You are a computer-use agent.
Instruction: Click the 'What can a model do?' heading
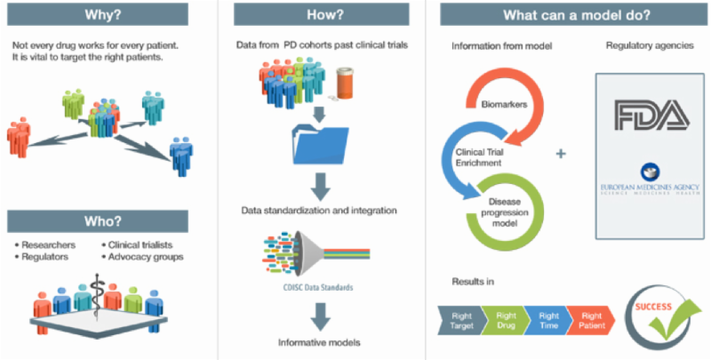tap(570, 15)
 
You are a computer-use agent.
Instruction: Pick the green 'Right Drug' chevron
tap(506, 318)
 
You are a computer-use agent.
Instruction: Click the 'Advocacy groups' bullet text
tap(145, 257)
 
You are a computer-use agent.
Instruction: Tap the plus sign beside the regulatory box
tap(561, 154)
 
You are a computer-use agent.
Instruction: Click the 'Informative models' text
tap(315, 341)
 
